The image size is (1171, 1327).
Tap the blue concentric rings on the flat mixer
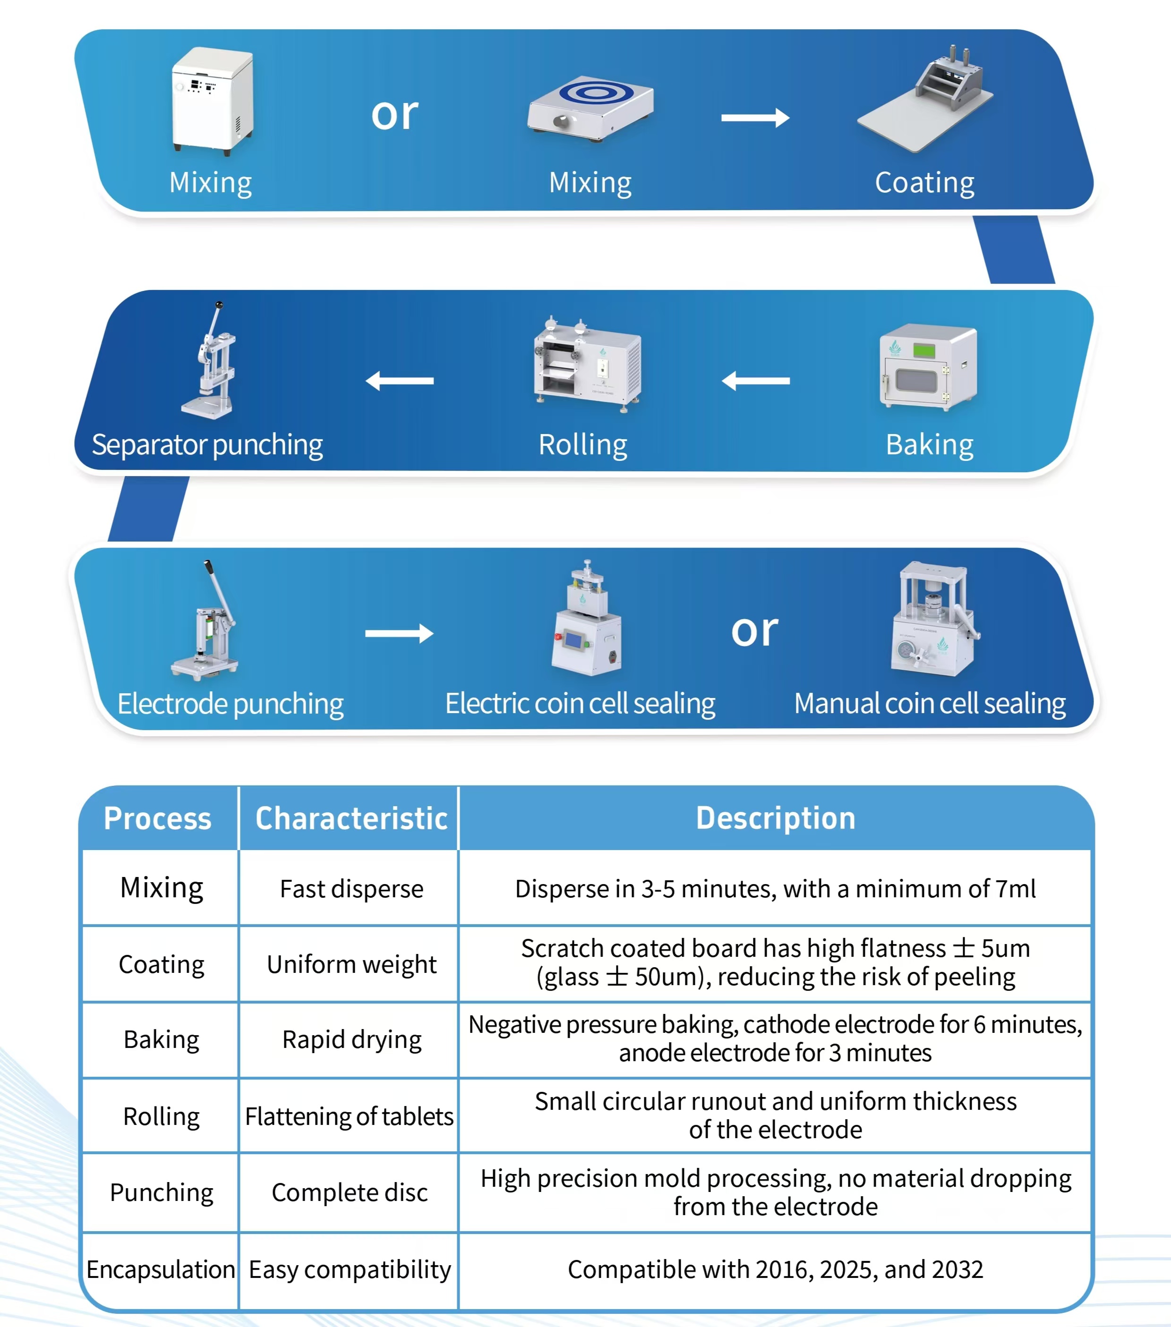(596, 92)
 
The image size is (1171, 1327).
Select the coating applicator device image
(925, 99)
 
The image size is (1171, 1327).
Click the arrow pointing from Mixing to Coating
(755, 118)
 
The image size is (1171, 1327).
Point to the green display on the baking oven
(924, 350)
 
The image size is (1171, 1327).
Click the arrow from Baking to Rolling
(755, 381)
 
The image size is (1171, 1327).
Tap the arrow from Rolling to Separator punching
(400, 381)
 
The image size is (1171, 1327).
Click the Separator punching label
(207, 445)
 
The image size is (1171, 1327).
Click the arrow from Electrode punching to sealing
(400, 633)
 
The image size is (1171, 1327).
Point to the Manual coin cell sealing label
(930, 704)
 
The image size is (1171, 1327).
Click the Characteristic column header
(351, 818)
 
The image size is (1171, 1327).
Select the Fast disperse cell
(351, 889)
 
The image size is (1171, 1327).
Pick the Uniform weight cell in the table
(351, 965)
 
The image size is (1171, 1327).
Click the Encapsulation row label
(161, 1269)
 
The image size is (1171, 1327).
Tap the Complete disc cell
(350, 1192)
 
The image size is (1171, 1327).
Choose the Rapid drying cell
(351, 1040)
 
